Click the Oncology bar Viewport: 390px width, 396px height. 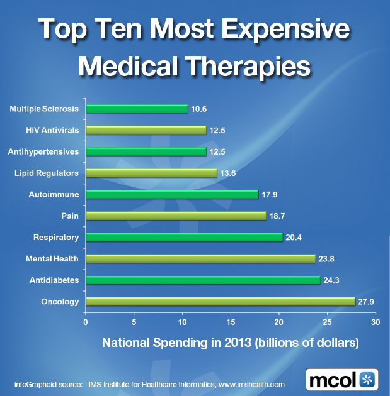click(x=220, y=302)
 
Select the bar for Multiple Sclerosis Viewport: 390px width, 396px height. click(x=136, y=109)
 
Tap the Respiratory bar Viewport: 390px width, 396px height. click(x=183, y=238)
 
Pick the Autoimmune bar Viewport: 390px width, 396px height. click(x=171, y=195)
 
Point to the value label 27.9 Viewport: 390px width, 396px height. click(x=367, y=302)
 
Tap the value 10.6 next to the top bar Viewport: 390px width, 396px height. click(x=200, y=109)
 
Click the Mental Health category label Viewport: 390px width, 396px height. click(x=52, y=259)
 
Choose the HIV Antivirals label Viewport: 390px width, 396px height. click(x=52, y=130)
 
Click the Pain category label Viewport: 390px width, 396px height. click(x=71, y=216)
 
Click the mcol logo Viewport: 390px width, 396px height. click(x=343, y=380)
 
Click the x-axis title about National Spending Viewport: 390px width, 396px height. click(x=231, y=343)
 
